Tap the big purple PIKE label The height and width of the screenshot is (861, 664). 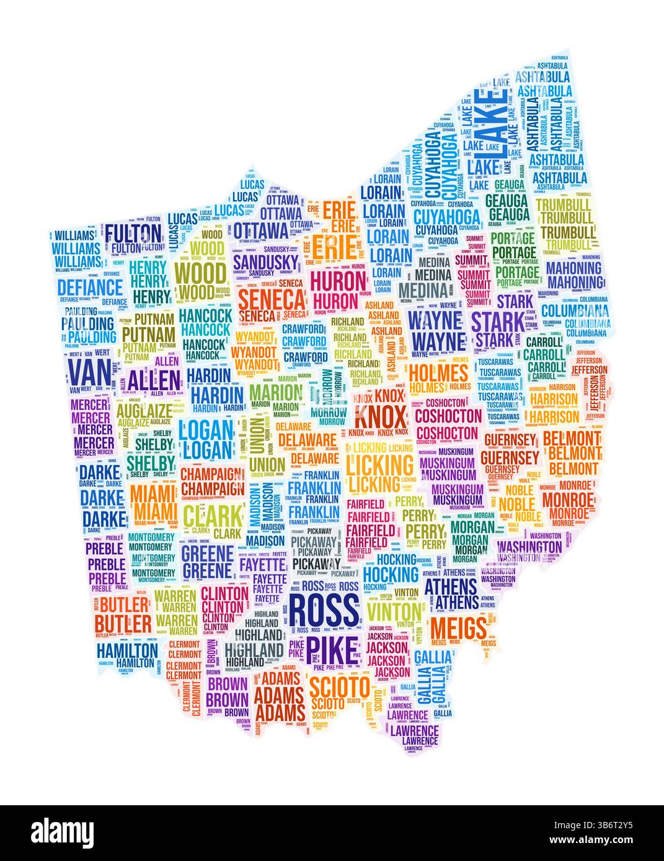pyautogui.click(x=333, y=647)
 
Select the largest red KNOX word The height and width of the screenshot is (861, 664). pyautogui.click(x=380, y=413)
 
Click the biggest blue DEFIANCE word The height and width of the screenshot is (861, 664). pyautogui.click(x=91, y=287)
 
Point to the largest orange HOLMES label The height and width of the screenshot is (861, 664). pyautogui.click(x=439, y=374)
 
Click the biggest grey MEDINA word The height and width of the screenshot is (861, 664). pyautogui.click(x=423, y=290)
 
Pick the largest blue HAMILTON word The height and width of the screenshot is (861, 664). pyautogui.click(x=127, y=650)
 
